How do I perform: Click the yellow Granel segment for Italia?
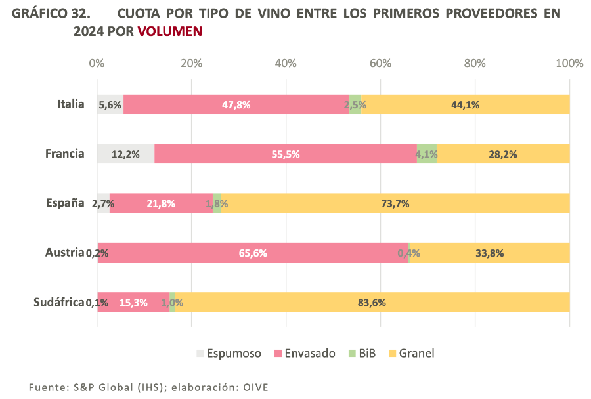(465, 104)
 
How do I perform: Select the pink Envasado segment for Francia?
(286, 154)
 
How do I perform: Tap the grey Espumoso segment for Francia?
(125, 154)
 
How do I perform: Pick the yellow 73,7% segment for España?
(395, 203)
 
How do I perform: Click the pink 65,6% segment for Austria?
(253, 253)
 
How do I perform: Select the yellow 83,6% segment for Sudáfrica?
(372, 303)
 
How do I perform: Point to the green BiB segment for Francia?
(427, 154)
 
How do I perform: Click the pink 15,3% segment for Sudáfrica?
(133, 303)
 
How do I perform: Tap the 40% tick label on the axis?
(286, 64)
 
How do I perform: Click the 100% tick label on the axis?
(569, 64)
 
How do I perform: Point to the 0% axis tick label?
(97, 64)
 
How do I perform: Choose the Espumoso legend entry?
(228, 354)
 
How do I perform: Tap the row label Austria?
(64, 253)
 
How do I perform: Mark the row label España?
(65, 203)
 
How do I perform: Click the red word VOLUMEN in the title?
(169, 31)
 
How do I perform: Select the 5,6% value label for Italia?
(109, 104)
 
